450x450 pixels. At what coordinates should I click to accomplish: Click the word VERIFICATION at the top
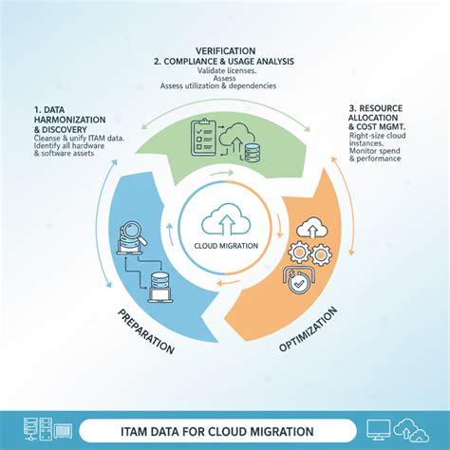pos(225,51)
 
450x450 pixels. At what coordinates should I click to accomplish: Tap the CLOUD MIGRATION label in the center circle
pos(226,246)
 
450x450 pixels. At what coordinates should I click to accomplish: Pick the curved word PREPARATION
pos(145,331)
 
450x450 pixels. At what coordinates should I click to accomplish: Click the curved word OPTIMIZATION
pos(308,328)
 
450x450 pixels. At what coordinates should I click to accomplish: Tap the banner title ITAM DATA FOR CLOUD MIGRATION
pos(217,431)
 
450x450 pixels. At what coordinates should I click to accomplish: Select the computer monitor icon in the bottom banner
pos(379,430)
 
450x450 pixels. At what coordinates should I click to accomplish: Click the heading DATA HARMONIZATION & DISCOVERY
pos(69,120)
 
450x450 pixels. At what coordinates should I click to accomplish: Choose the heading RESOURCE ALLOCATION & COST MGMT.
pos(377,118)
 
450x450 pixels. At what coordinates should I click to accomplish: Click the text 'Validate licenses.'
pos(227,71)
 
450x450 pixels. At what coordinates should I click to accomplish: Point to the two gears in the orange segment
pos(309,253)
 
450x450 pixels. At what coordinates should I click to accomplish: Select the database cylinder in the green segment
pos(253,153)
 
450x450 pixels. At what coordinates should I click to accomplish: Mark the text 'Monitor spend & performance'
pos(375,155)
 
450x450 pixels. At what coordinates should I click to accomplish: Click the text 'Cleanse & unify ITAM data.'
pos(79,138)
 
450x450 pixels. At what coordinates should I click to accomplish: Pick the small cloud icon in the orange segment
pos(311,228)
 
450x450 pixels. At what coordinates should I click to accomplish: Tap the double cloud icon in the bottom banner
pos(411,430)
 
